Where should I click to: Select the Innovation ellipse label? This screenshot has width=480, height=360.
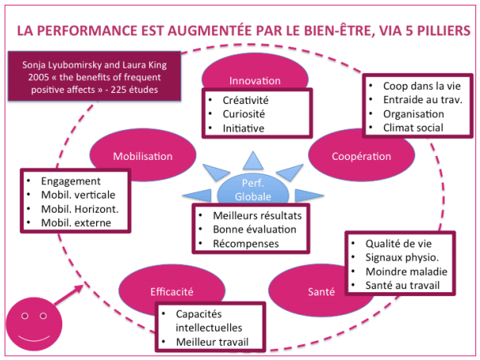click(254, 80)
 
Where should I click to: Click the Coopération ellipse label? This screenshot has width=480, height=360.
click(360, 157)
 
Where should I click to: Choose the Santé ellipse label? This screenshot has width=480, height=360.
click(321, 291)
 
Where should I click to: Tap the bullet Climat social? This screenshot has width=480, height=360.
click(414, 127)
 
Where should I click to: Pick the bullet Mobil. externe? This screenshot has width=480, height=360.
click(75, 223)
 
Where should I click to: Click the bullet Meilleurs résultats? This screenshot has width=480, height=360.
click(255, 215)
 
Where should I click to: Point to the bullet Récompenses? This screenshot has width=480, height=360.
click(246, 243)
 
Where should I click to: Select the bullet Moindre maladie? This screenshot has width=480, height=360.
click(404, 271)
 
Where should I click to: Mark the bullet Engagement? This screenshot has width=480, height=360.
click(72, 180)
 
